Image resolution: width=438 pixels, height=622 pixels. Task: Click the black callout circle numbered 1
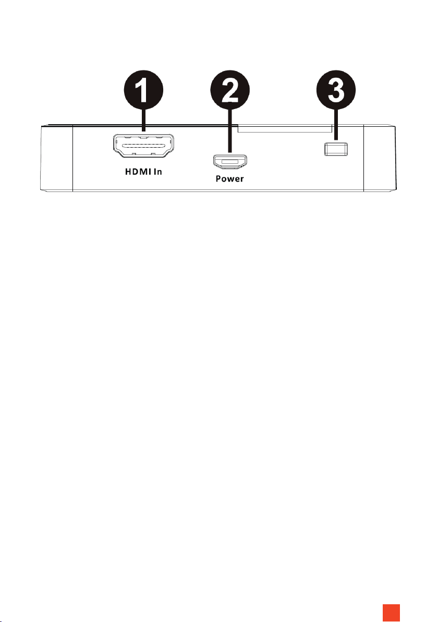click(143, 95)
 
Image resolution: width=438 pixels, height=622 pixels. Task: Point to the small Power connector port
click(230, 162)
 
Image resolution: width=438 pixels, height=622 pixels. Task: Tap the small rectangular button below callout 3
click(335, 149)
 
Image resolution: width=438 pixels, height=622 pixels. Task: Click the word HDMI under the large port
click(136, 172)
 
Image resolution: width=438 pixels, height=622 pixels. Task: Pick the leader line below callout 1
click(143, 125)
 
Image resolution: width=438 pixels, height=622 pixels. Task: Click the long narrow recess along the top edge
click(284, 128)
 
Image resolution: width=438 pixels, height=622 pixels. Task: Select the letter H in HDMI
click(127, 172)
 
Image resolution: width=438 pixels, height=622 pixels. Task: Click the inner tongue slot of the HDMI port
click(143, 146)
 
